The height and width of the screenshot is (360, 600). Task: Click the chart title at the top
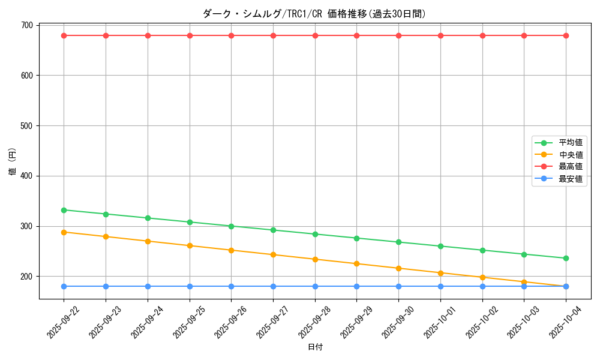314,14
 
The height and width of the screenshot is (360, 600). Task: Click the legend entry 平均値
570,143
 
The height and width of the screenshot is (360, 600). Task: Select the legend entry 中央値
570,155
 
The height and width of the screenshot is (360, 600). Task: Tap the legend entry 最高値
570,166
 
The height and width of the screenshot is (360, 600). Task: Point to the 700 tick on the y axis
26,25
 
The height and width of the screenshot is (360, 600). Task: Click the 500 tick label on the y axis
26,126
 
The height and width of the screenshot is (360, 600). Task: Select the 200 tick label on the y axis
26,277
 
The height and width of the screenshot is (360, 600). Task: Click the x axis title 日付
315,347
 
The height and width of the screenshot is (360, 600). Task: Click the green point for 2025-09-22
64,210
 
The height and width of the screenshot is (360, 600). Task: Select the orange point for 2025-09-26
231,250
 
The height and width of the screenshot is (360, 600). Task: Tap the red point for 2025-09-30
398,35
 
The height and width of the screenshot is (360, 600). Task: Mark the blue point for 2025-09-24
148,286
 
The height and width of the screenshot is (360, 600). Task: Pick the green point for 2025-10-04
566,258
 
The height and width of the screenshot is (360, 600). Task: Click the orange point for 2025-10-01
440,273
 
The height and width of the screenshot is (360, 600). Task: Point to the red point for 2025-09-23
106,35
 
